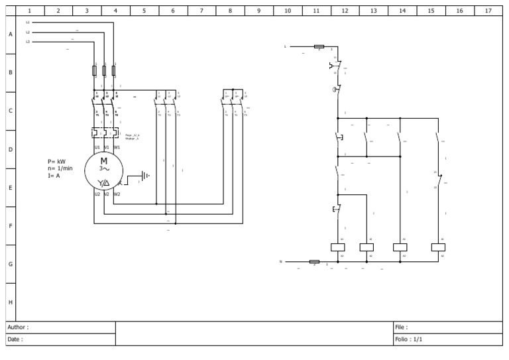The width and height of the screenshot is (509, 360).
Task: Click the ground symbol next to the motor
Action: tap(145, 176)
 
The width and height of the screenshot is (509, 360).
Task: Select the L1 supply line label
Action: tap(28, 23)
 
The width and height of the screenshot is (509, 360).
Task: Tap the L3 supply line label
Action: tap(28, 42)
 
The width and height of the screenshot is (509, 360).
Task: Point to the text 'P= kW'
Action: tap(57, 161)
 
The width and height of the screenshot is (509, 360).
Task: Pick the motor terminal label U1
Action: tap(97, 147)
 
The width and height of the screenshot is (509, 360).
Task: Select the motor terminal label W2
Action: tap(117, 194)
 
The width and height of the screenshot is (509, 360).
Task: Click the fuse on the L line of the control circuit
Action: tap(319, 46)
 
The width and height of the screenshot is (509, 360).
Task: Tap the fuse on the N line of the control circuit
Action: tap(314, 261)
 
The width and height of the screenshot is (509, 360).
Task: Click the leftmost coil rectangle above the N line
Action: tap(338, 247)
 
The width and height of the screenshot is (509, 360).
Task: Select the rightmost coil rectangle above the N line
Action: tap(438, 247)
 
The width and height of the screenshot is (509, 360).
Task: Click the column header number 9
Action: tap(258, 11)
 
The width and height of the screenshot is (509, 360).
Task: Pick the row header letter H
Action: tap(10, 302)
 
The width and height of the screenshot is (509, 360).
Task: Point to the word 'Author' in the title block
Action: tap(18, 328)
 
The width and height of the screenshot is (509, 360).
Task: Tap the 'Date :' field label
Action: tap(15, 339)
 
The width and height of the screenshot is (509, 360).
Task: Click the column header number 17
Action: tap(488, 11)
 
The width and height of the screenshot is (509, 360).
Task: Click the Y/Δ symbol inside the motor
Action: tap(104, 183)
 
